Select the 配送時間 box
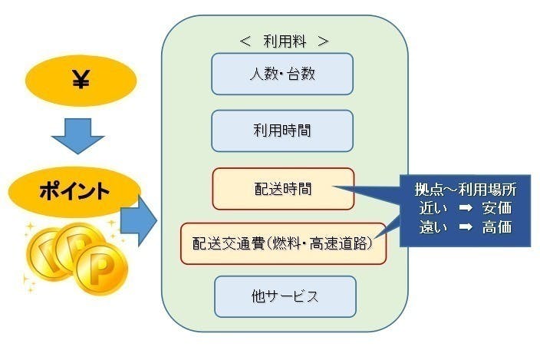[x=283, y=188]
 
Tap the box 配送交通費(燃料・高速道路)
[x=283, y=243]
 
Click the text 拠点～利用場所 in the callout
[x=466, y=190]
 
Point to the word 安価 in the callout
[x=496, y=209]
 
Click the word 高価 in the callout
[x=496, y=227]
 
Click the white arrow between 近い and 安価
[x=466, y=209]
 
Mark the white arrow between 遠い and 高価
[x=466, y=227]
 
